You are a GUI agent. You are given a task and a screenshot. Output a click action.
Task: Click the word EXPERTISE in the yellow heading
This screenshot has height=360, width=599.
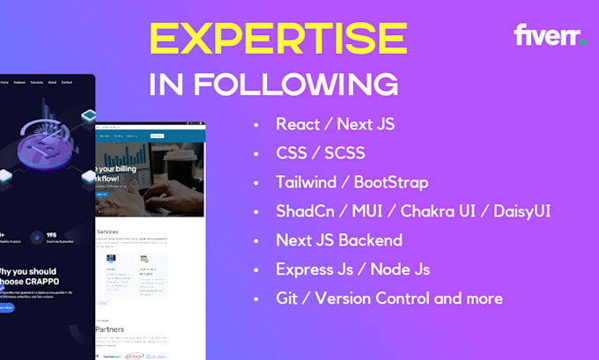point(277,40)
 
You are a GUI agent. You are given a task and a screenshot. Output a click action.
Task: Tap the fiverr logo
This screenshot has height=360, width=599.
point(550,36)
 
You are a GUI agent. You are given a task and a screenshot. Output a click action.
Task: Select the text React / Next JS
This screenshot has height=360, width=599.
point(335,124)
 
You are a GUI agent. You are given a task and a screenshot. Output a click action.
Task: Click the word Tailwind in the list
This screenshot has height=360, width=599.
point(306,182)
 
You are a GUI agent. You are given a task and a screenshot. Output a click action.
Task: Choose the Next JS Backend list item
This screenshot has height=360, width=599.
point(338,240)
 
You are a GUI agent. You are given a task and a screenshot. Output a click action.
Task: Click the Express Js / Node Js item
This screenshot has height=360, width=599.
point(351,269)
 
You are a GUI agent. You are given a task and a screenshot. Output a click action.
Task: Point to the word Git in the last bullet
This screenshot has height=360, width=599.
point(287,298)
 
